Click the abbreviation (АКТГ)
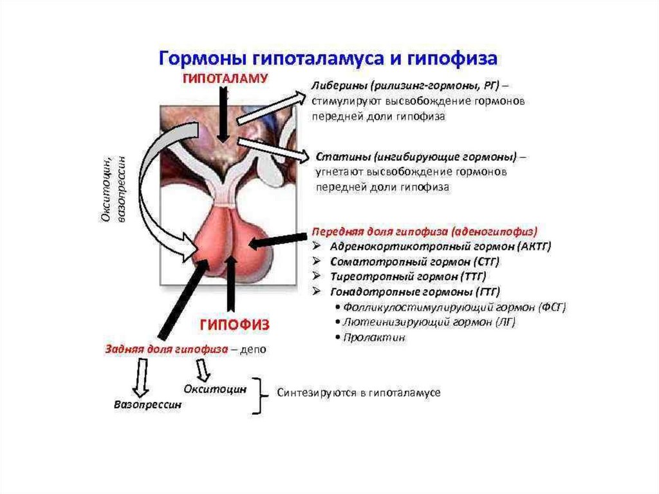[531, 246]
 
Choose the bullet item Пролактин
[374, 337]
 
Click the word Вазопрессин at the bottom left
[147, 405]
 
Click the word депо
[252, 349]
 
